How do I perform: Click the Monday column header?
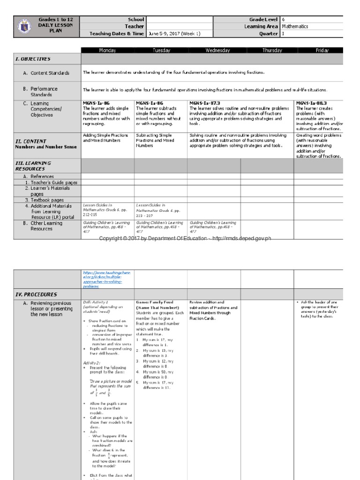pyautogui.click(x=107, y=50)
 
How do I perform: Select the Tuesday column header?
pyautogui.click(x=160, y=50)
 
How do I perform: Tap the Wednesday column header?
pyautogui.click(x=214, y=50)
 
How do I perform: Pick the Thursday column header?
pyautogui.click(x=272, y=50)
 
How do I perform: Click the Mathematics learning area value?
pyautogui.click(x=296, y=27)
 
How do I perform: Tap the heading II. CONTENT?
pyautogui.click(x=31, y=141)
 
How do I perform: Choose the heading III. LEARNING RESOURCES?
pyautogui.click(x=33, y=165)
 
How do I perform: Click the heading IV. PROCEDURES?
pyautogui.click(x=36, y=294)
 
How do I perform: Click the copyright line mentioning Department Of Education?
pyautogui.click(x=185, y=239)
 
